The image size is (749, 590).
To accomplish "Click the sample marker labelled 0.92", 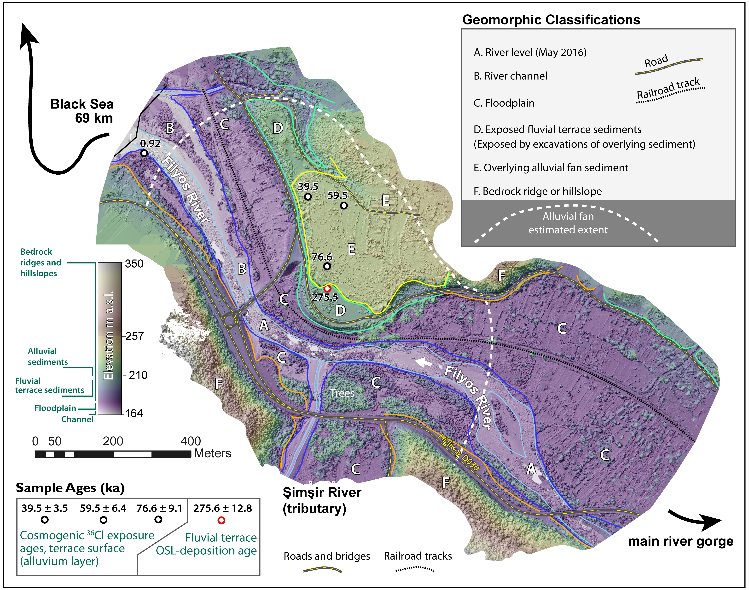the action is [x=144, y=153].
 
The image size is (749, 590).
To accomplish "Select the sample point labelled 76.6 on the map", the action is [x=327, y=266].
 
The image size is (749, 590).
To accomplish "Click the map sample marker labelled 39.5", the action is [x=308, y=197].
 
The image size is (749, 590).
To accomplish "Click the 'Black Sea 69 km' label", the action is [x=82, y=111].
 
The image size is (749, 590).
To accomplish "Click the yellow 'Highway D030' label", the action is [x=459, y=452].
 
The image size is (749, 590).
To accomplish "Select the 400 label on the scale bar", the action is [x=190, y=441].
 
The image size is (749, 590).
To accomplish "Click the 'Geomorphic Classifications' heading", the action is [x=551, y=20].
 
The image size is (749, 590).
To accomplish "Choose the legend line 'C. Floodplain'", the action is [x=504, y=103].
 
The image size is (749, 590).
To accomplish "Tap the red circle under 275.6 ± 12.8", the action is [x=221, y=520].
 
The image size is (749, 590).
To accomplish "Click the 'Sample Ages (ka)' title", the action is [x=70, y=488].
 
